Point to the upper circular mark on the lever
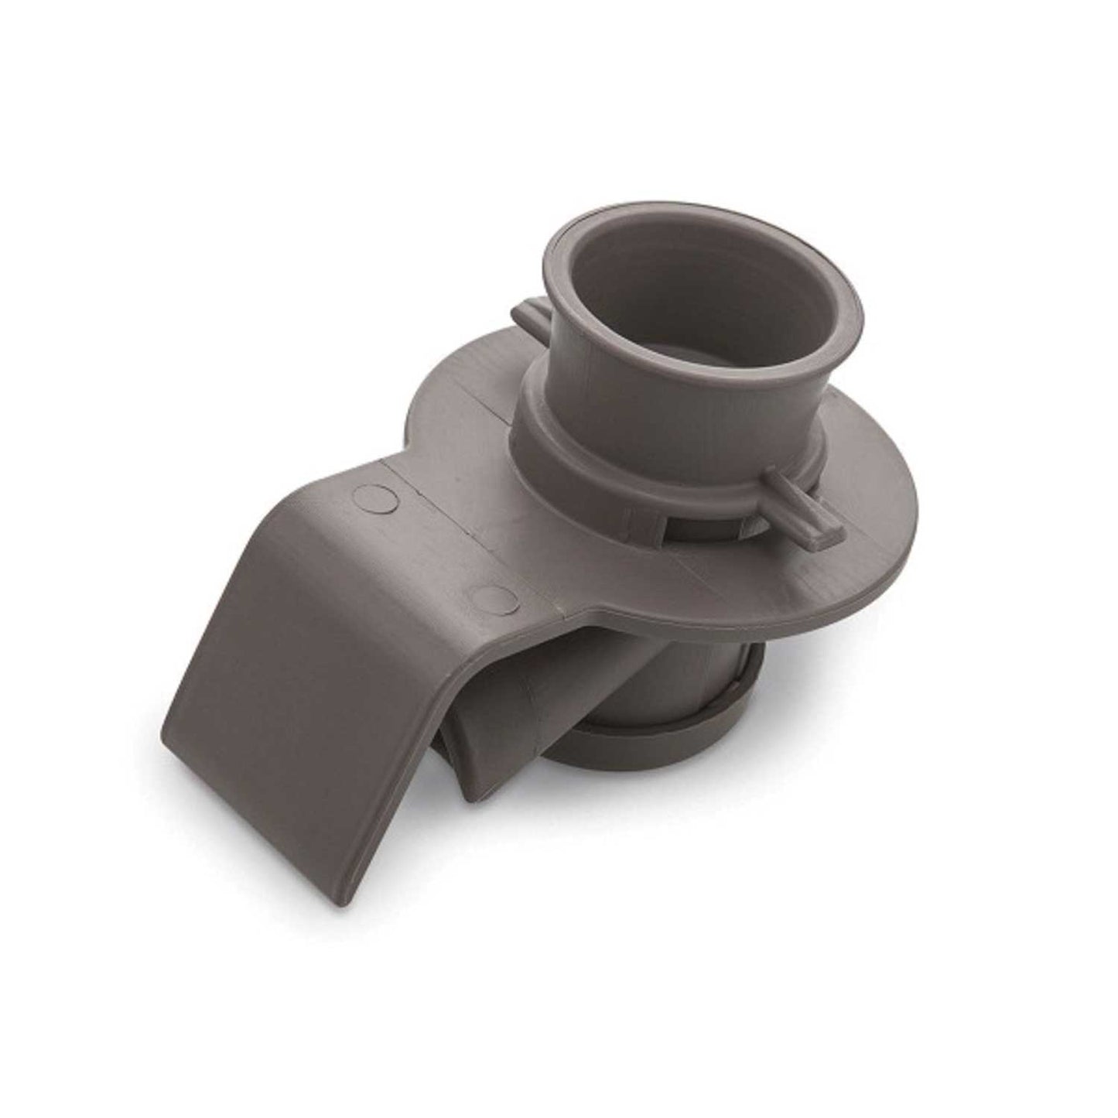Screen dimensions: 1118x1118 [x=371, y=497]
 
